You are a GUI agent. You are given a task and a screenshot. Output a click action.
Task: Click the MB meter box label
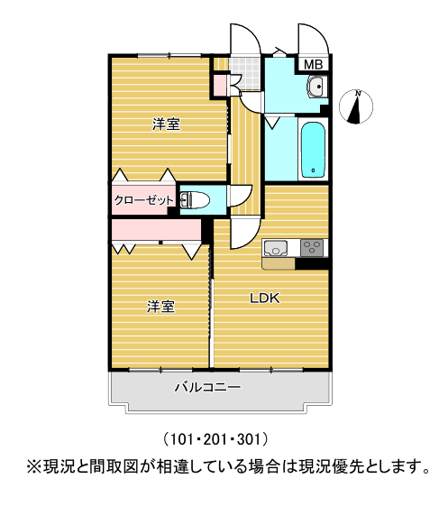(313, 64)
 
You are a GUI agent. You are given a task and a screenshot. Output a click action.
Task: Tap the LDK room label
(265, 299)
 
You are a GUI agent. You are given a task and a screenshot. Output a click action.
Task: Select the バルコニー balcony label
(207, 387)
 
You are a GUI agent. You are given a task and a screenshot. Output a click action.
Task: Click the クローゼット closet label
(144, 200)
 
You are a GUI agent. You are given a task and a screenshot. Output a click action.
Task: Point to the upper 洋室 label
(166, 124)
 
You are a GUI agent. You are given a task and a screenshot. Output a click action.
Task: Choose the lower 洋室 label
(161, 307)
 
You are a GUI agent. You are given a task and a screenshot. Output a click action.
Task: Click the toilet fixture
(195, 200)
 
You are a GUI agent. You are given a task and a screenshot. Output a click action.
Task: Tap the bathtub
(313, 150)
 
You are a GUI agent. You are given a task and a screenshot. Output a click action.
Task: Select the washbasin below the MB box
(316, 87)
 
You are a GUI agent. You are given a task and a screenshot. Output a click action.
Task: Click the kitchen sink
(276, 248)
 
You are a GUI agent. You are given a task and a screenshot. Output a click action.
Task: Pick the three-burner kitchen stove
(312, 248)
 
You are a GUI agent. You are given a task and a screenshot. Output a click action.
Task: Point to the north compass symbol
(356, 106)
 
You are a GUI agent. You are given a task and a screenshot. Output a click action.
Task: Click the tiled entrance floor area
(244, 73)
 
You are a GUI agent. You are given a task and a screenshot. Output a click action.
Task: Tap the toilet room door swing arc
(244, 198)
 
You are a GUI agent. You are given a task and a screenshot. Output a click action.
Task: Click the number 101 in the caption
(181, 439)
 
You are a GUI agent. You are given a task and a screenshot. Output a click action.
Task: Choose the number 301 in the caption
(249, 439)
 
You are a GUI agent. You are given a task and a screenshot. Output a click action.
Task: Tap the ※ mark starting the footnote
(34, 466)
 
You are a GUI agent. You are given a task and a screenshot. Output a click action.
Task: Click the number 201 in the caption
(215, 439)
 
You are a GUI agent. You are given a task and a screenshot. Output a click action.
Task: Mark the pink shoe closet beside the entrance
(221, 86)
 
